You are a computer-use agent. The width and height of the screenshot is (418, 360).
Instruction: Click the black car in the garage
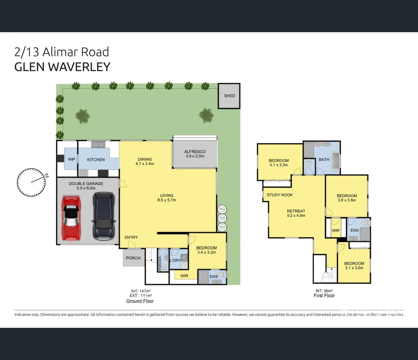coord(104,216)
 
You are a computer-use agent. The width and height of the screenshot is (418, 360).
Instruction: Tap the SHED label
coord(229,96)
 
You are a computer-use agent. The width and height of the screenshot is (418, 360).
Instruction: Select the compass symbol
coord(32,182)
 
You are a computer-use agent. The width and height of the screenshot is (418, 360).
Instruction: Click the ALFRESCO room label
coord(195,152)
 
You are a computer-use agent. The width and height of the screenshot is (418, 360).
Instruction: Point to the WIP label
coord(72,159)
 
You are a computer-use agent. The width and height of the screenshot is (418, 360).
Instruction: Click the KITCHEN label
coord(96,160)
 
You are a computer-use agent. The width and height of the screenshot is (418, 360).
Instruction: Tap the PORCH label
coord(133,258)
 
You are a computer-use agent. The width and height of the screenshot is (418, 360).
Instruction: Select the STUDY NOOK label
coord(280,195)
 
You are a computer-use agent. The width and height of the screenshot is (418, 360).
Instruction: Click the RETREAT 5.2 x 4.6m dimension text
coord(296,215)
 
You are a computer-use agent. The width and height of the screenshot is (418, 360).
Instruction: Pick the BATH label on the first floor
coord(324,160)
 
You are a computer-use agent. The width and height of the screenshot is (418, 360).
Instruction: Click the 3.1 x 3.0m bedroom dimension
coord(354,268)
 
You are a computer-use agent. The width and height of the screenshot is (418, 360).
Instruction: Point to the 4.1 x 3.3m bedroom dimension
coord(279,165)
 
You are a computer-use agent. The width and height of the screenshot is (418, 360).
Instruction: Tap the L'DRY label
coord(175,260)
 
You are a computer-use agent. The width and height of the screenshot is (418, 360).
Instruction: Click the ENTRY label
coord(131,237)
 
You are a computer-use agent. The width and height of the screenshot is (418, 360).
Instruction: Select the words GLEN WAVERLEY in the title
coord(62,67)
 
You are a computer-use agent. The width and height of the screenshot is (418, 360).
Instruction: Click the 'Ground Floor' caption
coord(140,301)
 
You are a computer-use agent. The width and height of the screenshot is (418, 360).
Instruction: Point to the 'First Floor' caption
coord(324,296)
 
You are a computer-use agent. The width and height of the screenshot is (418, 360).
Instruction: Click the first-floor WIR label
coord(335,231)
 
